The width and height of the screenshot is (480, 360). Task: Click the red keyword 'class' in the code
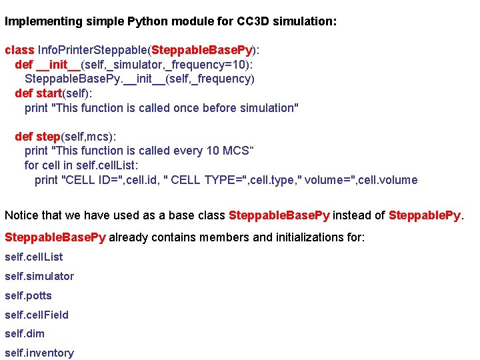coord(19,50)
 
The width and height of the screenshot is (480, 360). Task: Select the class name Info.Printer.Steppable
coord(93,50)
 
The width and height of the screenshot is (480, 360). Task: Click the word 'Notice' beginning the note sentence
coord(21,215)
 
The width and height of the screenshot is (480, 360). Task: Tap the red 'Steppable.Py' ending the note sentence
coord(425,215)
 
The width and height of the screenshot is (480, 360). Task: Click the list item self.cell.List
coord(33,257)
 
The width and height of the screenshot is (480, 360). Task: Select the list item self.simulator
coord(39,276)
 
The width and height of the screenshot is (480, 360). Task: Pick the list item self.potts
coord(28,295)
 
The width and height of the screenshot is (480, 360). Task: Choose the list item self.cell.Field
coord(37,315)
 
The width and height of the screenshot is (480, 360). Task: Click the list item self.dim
coord(25,333)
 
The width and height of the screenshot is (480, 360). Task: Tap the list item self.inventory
coord(39,353)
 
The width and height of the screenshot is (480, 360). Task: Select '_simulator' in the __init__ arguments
coord(133,65)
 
